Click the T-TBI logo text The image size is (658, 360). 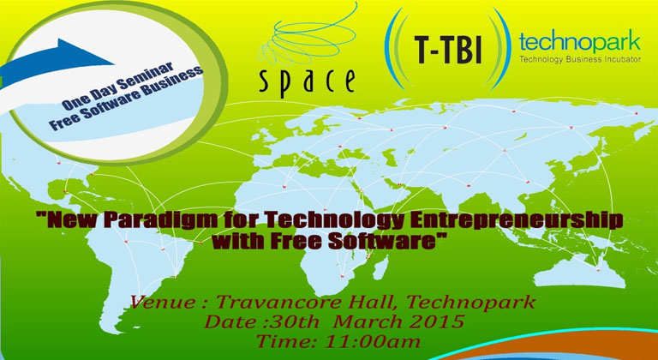(447, 50)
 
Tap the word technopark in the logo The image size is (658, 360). (579, 42)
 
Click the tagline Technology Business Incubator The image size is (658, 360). (580, 60)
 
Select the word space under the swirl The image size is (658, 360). (307, 81)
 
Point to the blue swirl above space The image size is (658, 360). (308, 36)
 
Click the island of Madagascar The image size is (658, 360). (380, 268)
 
